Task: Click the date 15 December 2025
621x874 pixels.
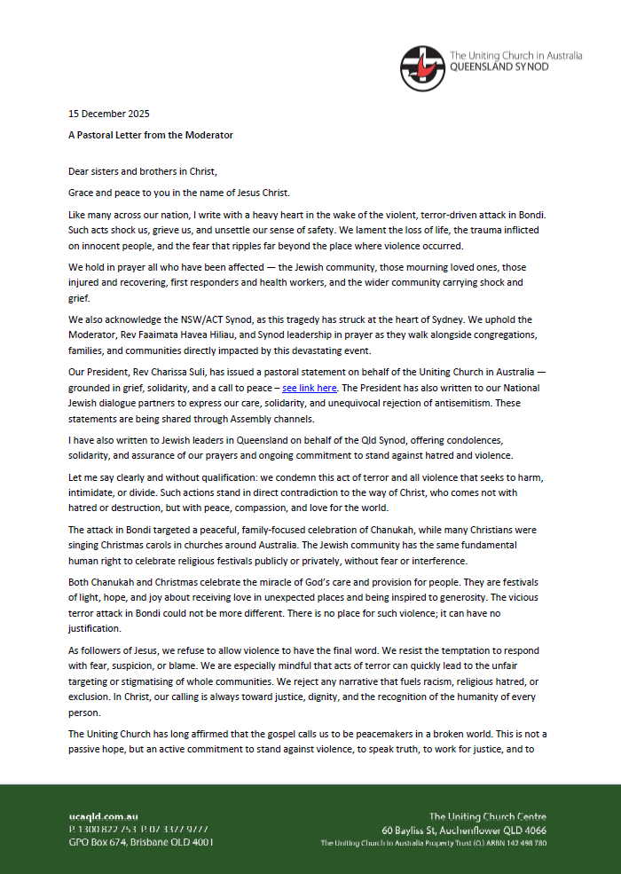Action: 109,114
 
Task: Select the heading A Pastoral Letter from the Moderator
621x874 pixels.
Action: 151,135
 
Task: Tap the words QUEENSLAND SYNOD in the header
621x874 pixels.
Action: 500,67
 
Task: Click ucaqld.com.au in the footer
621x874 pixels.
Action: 103,816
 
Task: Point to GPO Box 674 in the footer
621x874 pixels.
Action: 98,842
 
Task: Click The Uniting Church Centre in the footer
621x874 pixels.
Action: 487,816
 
